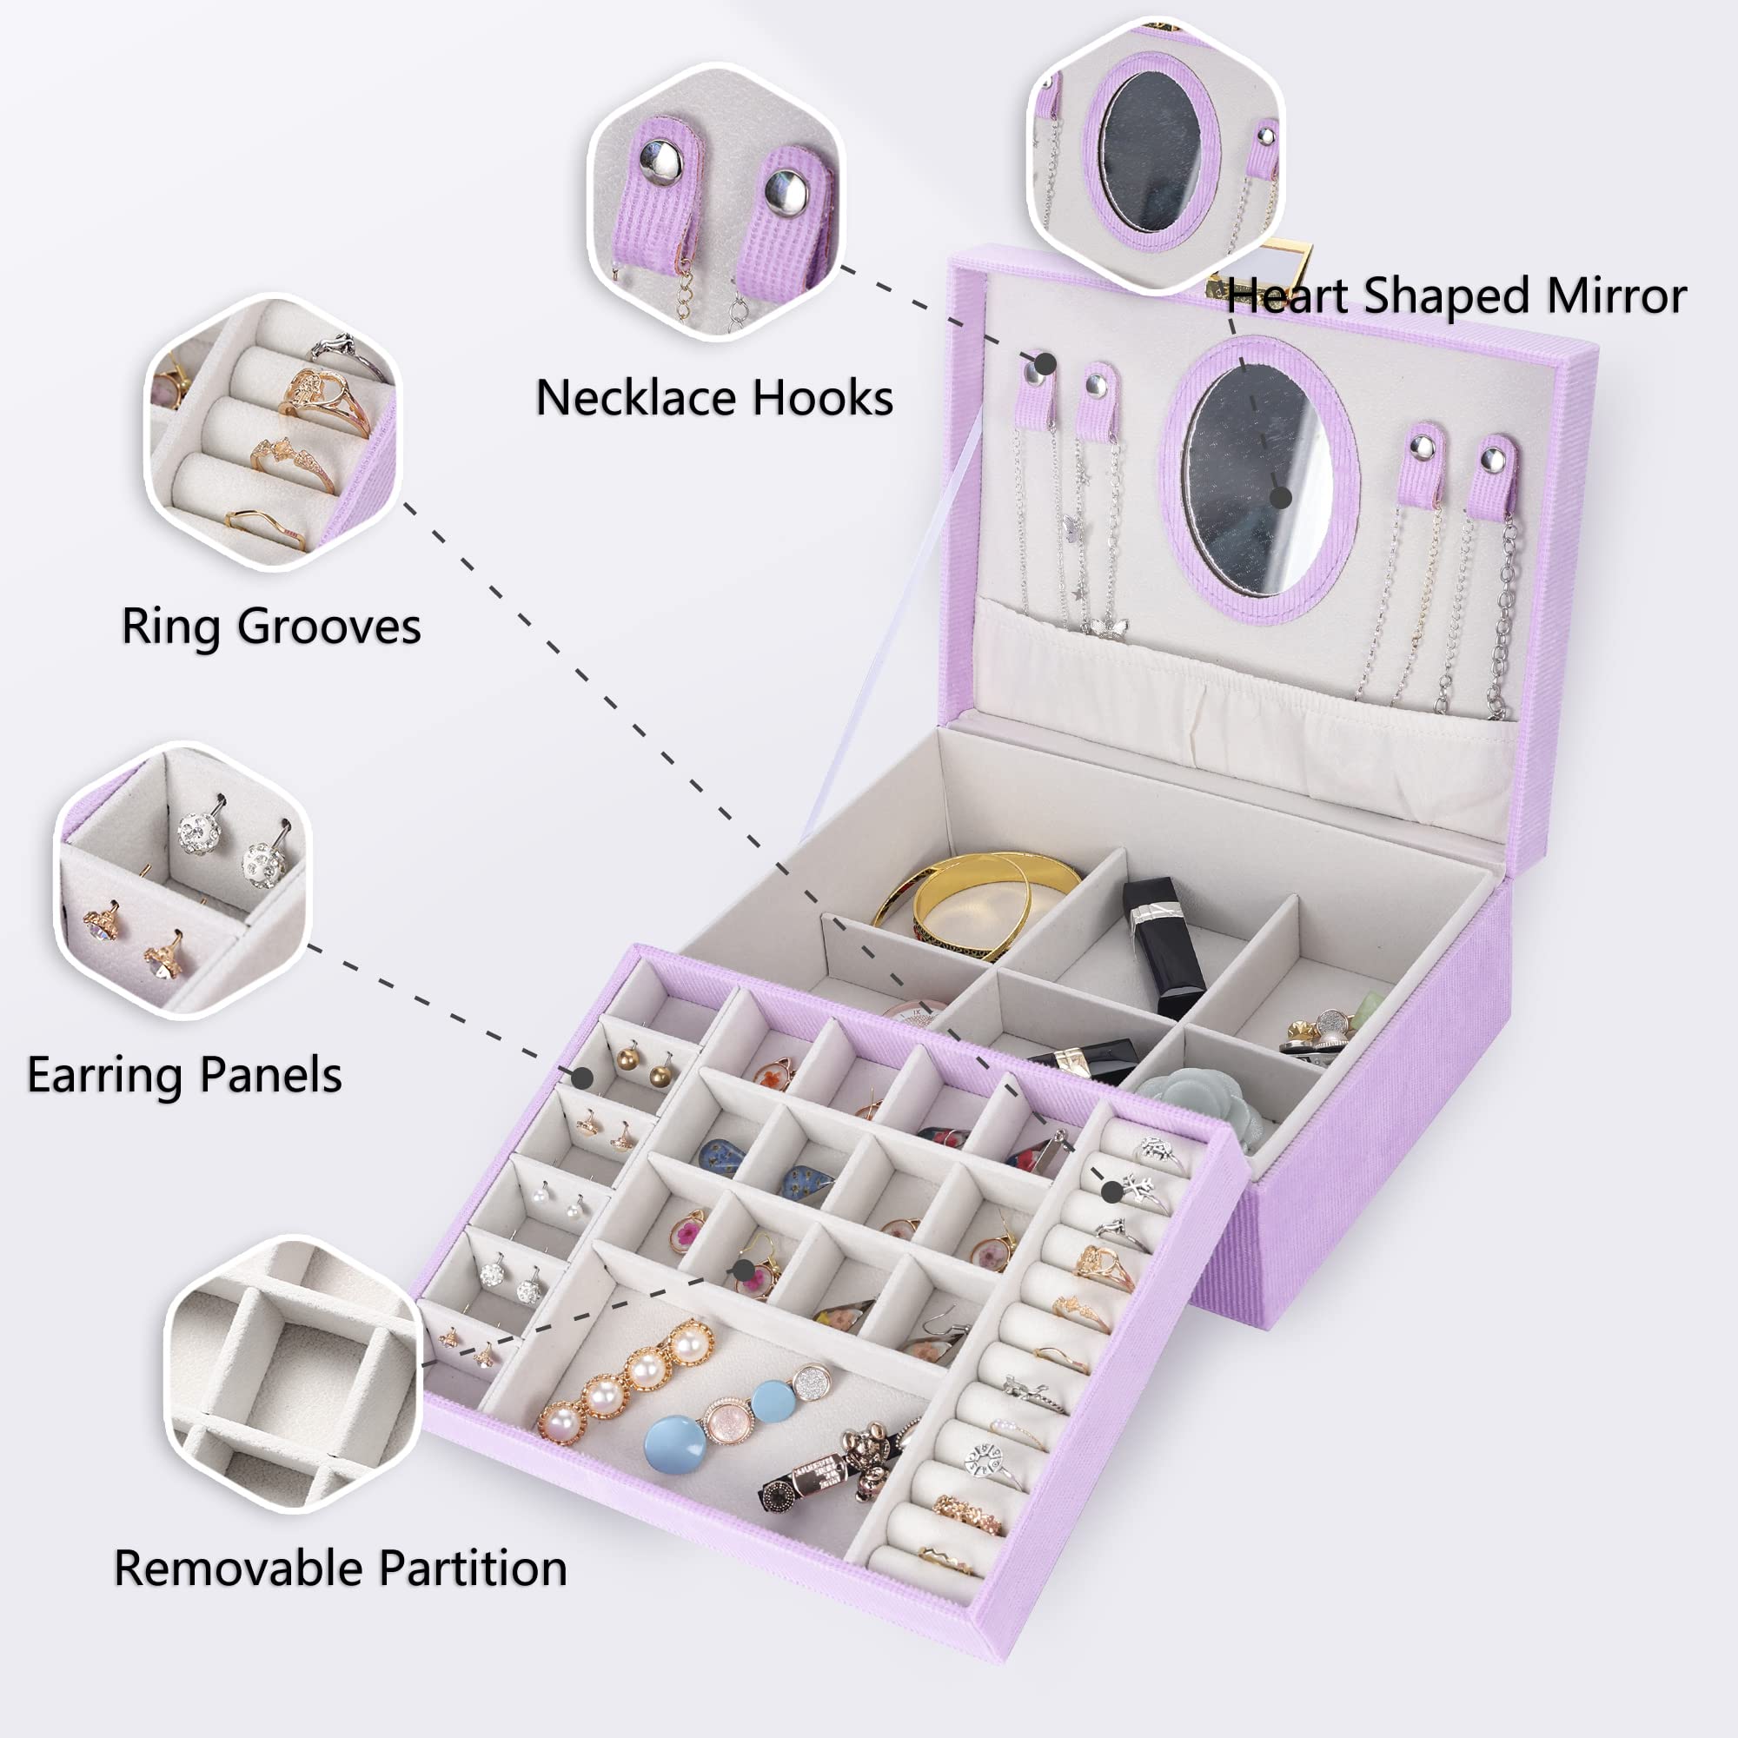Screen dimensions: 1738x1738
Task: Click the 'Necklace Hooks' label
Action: [x=714, y=398]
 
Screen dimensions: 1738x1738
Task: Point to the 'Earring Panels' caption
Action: [x=184, y=1074]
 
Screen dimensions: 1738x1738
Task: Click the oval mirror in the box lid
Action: [x=1258, y=481]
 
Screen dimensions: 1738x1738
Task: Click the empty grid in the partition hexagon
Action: [x=297, y=1376]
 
